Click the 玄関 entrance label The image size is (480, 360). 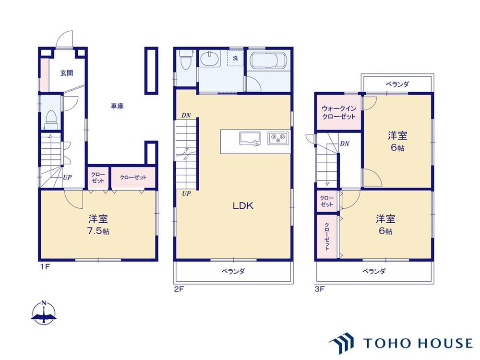coord(66,73)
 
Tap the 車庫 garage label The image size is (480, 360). coord(117,106)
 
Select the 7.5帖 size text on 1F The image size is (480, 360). coord(98,231)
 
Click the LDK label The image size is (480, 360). coord(243,206)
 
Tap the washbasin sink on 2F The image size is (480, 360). coord(210,58)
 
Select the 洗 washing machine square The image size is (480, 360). coord(235,58)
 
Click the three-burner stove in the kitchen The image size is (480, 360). coord(278,138)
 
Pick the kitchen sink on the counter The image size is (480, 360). coord(250,139)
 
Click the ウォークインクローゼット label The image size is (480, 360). coord(339,112)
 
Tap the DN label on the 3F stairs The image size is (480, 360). coord(344,144)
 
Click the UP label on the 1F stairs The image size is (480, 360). coord(67,177)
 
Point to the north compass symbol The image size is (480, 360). coord(44,313)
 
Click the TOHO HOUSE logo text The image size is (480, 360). coord(418,343)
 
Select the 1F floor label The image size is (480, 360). coord(45,266)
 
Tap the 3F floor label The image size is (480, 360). coord(320,288)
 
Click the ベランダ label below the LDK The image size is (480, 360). coord(233,271)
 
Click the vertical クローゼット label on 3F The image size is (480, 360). coord(327,236)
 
